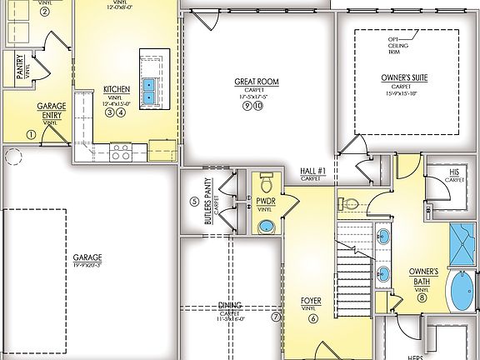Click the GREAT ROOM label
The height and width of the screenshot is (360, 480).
pos(256,82)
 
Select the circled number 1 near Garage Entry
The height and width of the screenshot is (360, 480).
pos(32,134)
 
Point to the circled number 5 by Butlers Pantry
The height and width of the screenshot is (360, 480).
pos(194,201)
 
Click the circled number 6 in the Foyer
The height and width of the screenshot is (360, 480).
pos(313,317)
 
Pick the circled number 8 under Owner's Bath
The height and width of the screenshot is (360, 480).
pos(422,297)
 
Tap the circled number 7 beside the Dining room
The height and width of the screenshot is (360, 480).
pos(276,317)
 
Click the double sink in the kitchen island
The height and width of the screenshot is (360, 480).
pos(151,90)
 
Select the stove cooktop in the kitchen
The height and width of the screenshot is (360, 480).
pos(120,152)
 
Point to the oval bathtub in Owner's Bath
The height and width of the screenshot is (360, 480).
pos(461,295)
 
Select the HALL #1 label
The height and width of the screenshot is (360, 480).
pos(312,172)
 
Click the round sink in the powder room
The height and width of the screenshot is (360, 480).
pos(265,226)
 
